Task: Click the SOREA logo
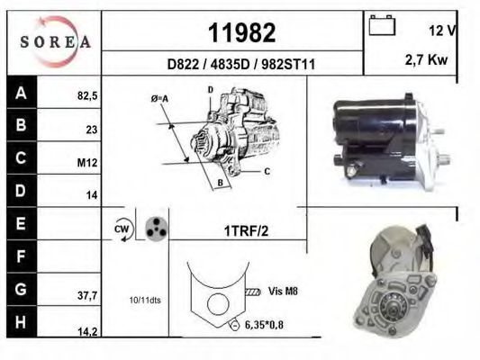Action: click(54, 41)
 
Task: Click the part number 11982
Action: click(241, 32)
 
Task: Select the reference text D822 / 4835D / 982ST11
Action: click(241, 65)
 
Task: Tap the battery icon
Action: click(384, 28)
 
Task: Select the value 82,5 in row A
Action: click(86, 94)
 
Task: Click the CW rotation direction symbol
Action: click(122, 230)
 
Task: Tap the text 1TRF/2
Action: click(246, 231)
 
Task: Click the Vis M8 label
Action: click(283, 291)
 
